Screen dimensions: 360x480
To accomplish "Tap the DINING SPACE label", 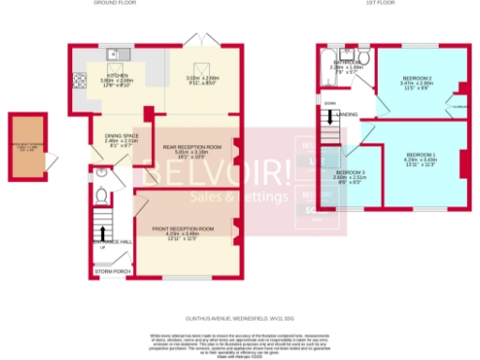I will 119,137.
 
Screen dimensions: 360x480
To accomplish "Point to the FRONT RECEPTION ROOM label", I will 184,228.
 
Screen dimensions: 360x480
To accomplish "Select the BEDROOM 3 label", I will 349,174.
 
